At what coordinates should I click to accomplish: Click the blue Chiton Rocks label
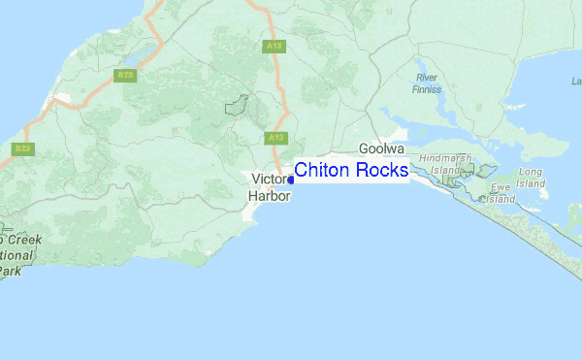(x=351, y=172)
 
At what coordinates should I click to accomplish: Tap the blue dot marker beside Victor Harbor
(x=291, y=180)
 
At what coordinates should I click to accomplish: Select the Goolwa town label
(x=380, y=149)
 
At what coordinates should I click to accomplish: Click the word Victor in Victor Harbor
(x=270, y=180)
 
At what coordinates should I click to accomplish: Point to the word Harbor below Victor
(x=269, y=195)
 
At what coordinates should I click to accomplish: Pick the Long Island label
(x=531, y=178)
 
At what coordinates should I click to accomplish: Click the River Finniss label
(x=427, y=82)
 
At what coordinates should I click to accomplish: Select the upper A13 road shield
(x=275, y=46)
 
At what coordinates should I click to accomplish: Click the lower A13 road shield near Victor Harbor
(x=275, y=138)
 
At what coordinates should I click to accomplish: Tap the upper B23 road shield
(x=124, y=75)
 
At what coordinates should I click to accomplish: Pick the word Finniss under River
(x=427, y=89)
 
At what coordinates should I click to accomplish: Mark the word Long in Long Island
(x=531, y=173)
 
